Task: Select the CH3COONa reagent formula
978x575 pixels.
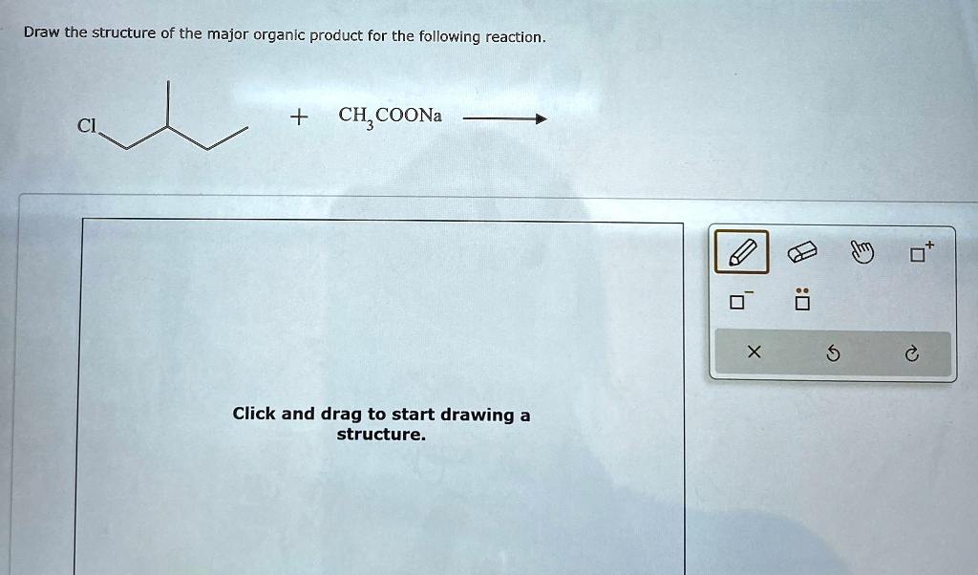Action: (390, 117)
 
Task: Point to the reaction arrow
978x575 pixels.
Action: (502, 119)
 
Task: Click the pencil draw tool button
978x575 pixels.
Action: (741, 253)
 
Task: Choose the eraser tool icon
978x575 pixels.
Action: (801, 253)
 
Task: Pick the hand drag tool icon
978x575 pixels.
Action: (861, 253)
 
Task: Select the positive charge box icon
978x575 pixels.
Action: (920, 253)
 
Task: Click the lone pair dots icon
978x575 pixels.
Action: (802, 301)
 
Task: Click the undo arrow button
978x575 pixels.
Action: (832, 354)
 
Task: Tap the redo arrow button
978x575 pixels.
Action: (911, 354)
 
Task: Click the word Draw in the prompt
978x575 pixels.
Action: (41, 33)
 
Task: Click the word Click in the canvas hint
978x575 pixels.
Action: (254, 414)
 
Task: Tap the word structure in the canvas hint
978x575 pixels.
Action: (379, 435)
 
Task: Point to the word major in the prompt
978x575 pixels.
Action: (227, 35)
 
